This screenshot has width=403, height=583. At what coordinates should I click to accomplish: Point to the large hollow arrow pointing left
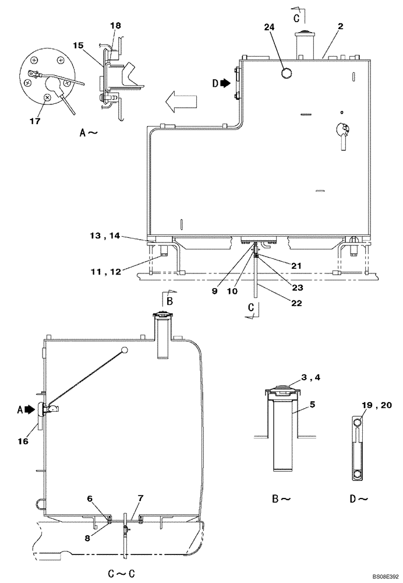click(x=181, y=103)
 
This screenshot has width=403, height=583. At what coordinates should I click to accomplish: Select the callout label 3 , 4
click(x=310, y=377)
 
